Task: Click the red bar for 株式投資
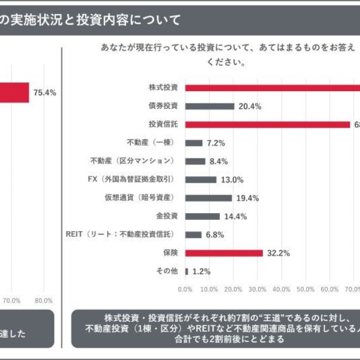pyautogui.click(x=273, y=87)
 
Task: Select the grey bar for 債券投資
pyautogui.click(x=210, y=106)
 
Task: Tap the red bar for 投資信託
pyautogui.click(x=268, y=124)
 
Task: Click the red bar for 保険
pyautogui.click(x=224, y=253)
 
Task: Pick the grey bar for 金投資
pyautogui.click(x=202, y=216)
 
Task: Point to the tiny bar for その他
pyautogui.click(x=187, y=271)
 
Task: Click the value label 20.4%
pyautogui.click(x=250, y=106)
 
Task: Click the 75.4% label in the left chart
pyautogui.click(x=44, y=93)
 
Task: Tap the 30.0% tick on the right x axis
pyautogui.click(x=257, y=289)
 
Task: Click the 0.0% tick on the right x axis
pyautogui.click(x=184, y=289)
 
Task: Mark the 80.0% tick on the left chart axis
pyautogui.click(x=43, y=300)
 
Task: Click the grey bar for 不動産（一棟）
pyautogui.click(x=193, y=143)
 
